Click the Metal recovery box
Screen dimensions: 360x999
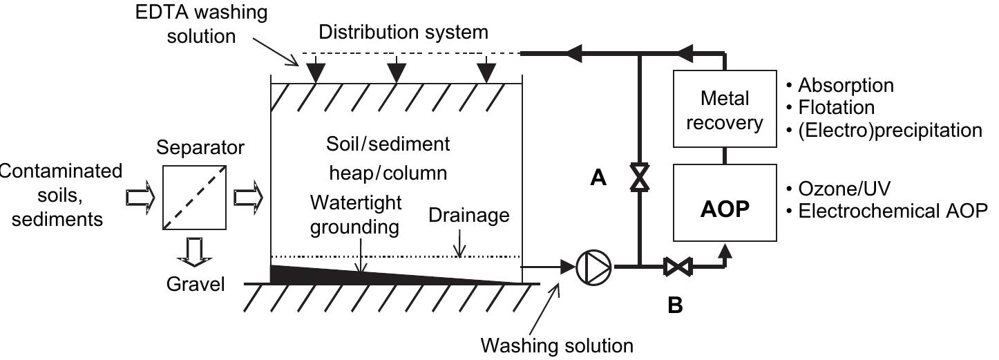[725, 110]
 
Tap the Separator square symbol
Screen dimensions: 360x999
[193, 197]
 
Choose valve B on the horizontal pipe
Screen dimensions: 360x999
[674, 266]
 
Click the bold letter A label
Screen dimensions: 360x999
[598, 178]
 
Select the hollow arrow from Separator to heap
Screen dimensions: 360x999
[248, 198]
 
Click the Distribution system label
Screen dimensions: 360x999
[403, 32]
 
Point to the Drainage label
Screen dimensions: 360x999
[468, 216]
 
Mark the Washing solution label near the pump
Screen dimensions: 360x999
[556, 344]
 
